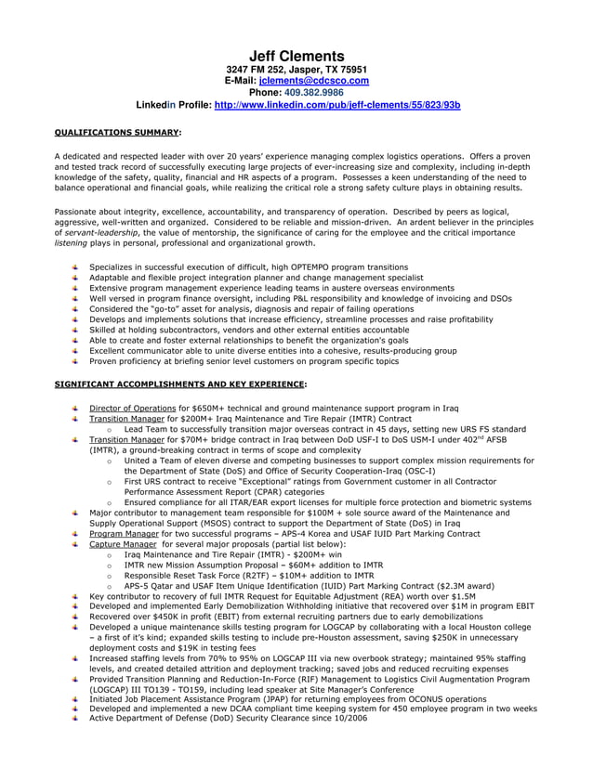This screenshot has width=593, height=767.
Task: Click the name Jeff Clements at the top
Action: pyautogui.click(x=296, y=57)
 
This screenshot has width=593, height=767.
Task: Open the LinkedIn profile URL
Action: pyautogui.click(x=323, y=105)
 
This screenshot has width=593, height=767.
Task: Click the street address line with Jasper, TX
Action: pyautogui.click(x=296, y=70)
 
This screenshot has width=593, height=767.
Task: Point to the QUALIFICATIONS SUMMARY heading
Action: pyautogui.click(x=116, y=133)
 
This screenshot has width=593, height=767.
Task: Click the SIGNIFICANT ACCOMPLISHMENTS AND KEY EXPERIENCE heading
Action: pyautogui.click(x=179, y=383)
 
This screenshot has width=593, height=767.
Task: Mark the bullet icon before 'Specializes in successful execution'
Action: pyautogui.click(x=75, y=267)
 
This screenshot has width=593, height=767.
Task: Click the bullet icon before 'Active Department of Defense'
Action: pyautogui.click(x=75, y=718)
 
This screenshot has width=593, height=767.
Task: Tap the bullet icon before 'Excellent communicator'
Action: pyautogui.click(x=75, y=351)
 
